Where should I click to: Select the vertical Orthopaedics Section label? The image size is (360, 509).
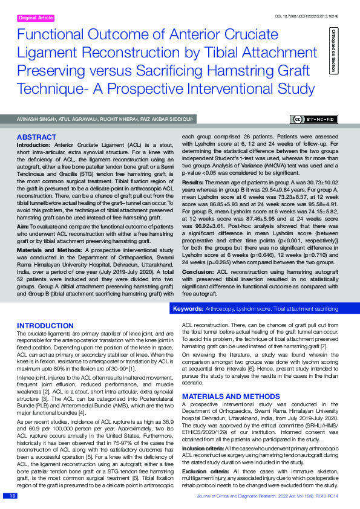coord(333,51)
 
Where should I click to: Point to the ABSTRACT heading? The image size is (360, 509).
coord(37,137)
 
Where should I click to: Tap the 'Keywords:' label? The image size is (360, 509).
coord(188,309)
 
